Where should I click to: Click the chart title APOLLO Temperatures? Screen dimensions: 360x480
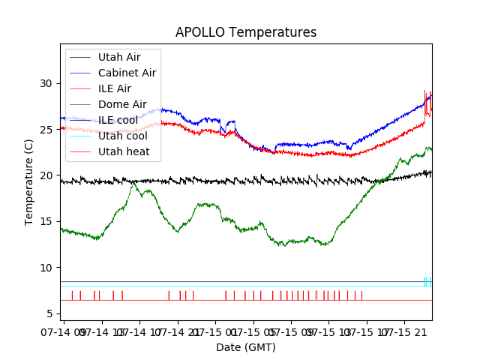tap(246, 33)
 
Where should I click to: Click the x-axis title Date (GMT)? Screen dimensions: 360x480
tap(246, 347)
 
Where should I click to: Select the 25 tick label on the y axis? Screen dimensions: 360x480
tap(49, 129)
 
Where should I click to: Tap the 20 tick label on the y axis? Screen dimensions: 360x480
tap(49, 175)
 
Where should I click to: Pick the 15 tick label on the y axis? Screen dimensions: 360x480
tap(49, 221)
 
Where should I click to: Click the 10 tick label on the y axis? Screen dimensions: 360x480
tap(49, 268)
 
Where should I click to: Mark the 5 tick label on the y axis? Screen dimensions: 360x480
tap(52, 313)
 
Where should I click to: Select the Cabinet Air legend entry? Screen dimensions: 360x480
tap(127, 73)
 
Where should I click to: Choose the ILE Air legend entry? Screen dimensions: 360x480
tap(114, 88)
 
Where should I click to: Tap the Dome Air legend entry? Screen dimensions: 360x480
tap(122, 104)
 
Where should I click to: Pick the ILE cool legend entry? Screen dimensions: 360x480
tap(118, 120)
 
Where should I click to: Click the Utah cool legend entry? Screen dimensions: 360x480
tap(122, 136)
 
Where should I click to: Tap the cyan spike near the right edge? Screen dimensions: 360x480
tap(425, 281)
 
